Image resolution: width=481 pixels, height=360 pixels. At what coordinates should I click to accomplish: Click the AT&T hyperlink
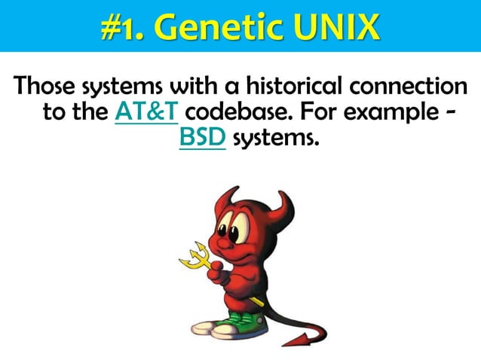146,113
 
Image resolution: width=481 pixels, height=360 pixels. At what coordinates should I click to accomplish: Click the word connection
408,86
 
